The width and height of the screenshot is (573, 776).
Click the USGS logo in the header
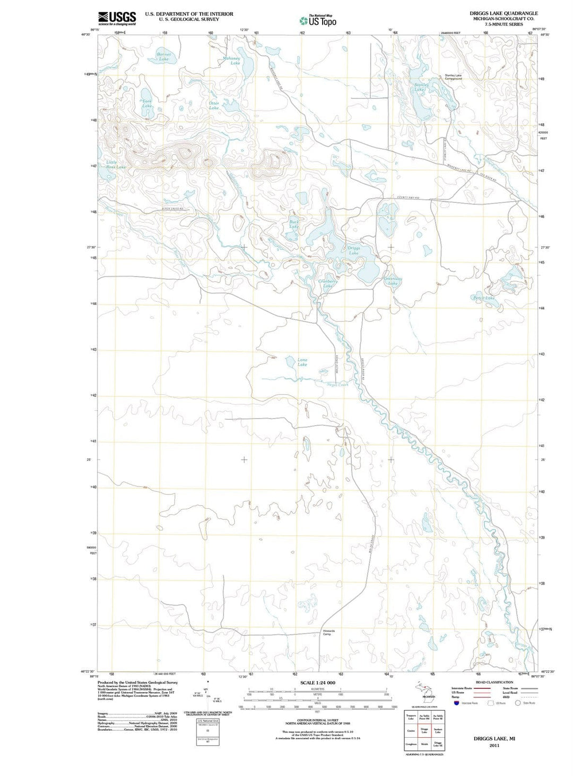117,18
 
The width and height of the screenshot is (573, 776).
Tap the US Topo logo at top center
318,21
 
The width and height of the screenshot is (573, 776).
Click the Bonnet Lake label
164,57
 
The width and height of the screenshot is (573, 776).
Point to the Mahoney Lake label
232,61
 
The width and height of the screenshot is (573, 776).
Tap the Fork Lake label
147,103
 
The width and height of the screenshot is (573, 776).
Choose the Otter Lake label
214,106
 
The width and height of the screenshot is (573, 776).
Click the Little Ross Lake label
116,165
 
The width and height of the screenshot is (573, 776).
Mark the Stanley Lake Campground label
453,77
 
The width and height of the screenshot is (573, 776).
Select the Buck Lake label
294,224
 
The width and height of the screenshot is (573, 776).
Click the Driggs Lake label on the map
354,250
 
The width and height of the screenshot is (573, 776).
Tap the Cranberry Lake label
328,284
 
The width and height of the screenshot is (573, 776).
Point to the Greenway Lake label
393,281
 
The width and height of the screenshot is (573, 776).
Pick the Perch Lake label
483,298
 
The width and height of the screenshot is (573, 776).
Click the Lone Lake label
302,362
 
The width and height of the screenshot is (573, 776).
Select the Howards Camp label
328,633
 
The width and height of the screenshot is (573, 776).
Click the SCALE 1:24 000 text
317,683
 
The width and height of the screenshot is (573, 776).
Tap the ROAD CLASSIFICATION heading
494,682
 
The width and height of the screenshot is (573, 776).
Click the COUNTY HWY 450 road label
409,198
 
